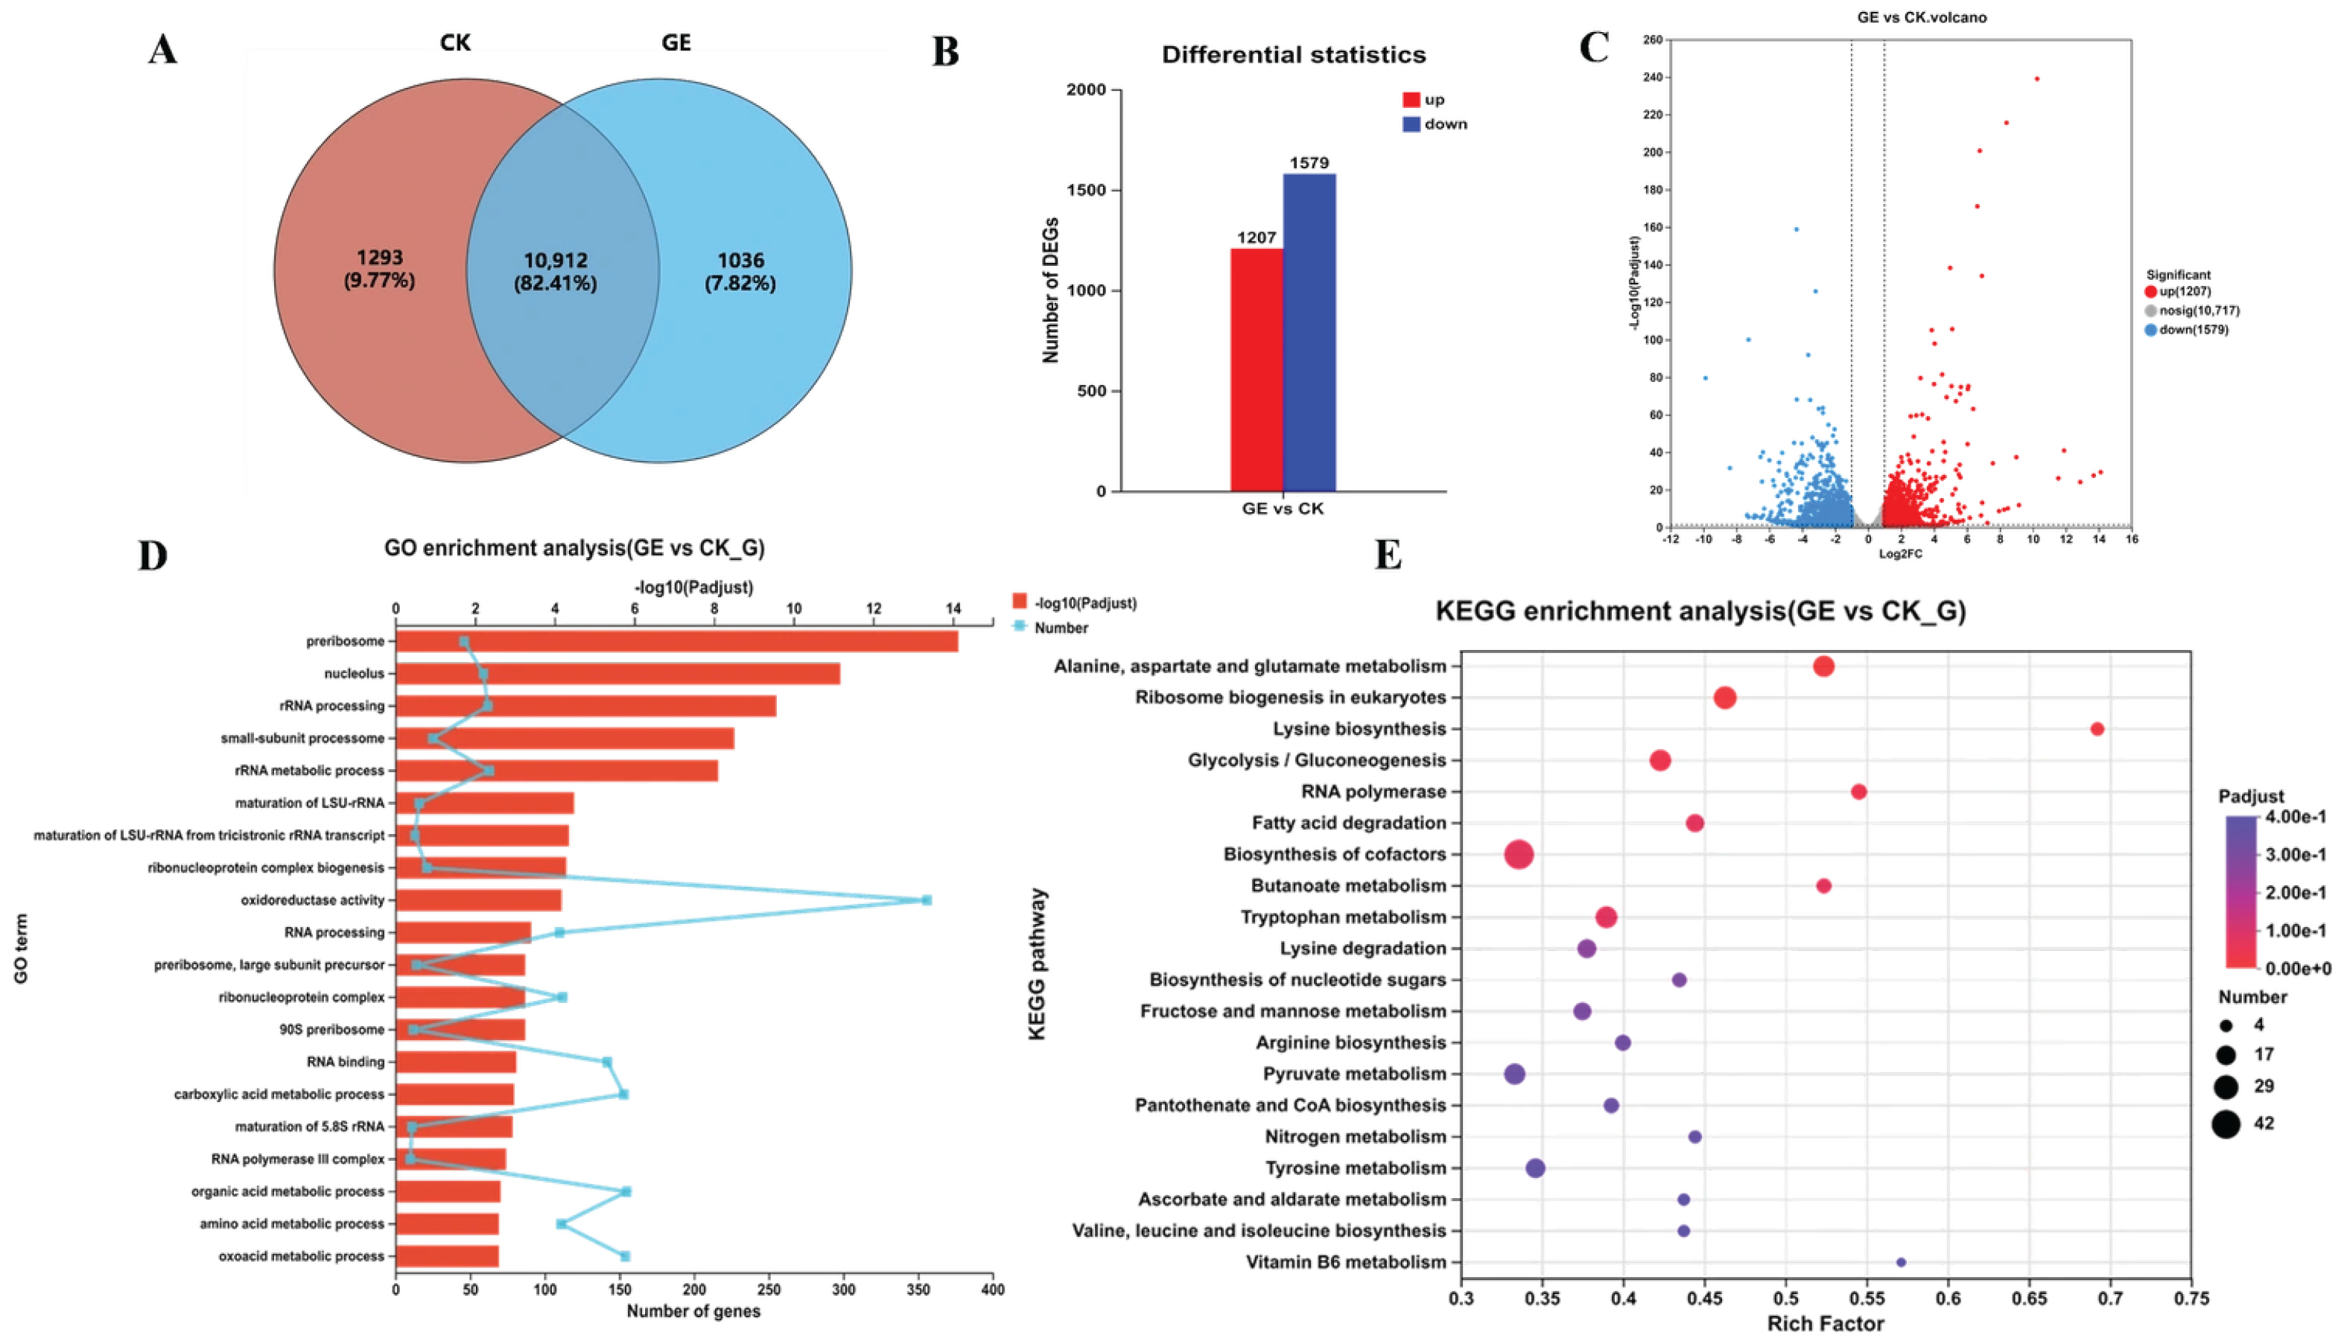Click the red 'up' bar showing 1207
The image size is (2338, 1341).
[1256, 369]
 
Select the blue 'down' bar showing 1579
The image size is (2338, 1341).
[1308, 331]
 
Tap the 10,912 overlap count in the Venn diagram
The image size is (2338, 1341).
[556, 261]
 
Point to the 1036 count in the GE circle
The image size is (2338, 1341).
[740, 261]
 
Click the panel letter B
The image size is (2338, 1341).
[945, 53]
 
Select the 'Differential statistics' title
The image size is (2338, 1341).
[1292, 55]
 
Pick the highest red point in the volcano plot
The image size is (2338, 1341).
[2037, 79]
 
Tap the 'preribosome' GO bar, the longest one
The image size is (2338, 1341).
[676, 641]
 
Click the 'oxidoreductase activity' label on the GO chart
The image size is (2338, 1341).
[312, 900]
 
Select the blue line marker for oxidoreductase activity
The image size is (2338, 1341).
[927, 900]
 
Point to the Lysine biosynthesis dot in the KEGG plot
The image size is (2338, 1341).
[2097, 728]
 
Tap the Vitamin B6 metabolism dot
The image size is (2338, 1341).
[1901, 1262]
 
